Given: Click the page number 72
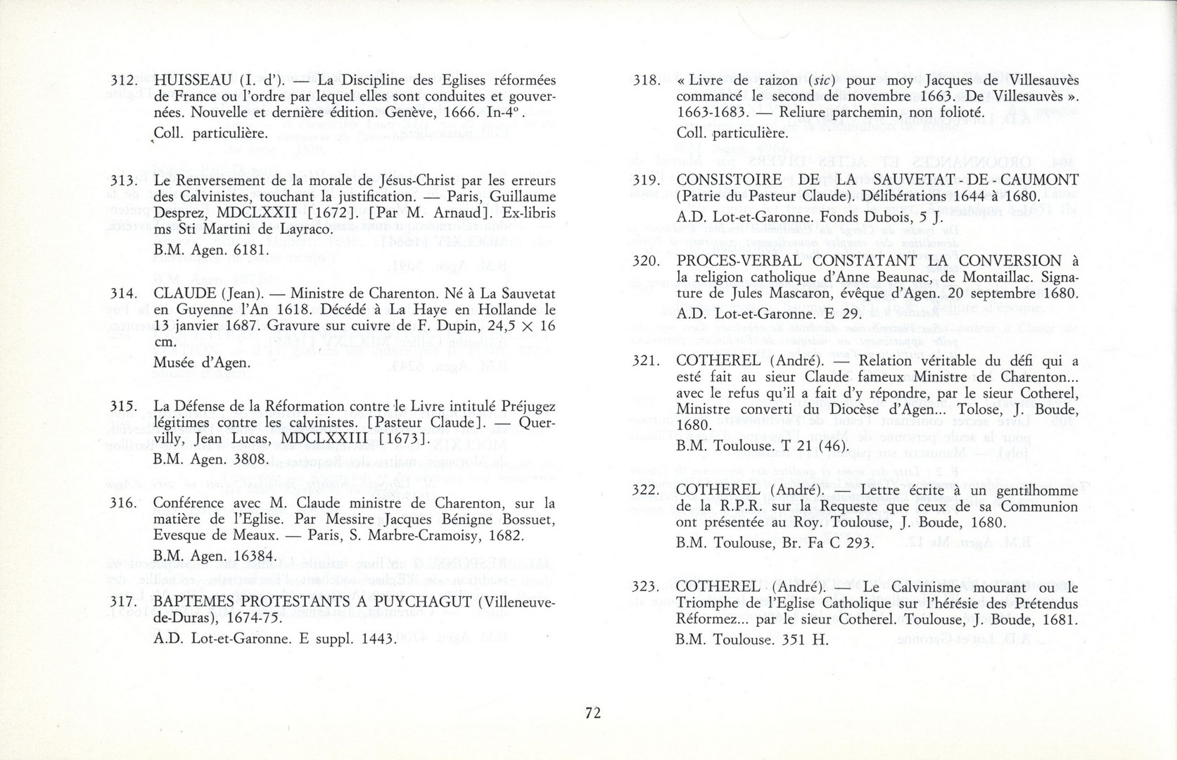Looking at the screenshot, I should point(592,713).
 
